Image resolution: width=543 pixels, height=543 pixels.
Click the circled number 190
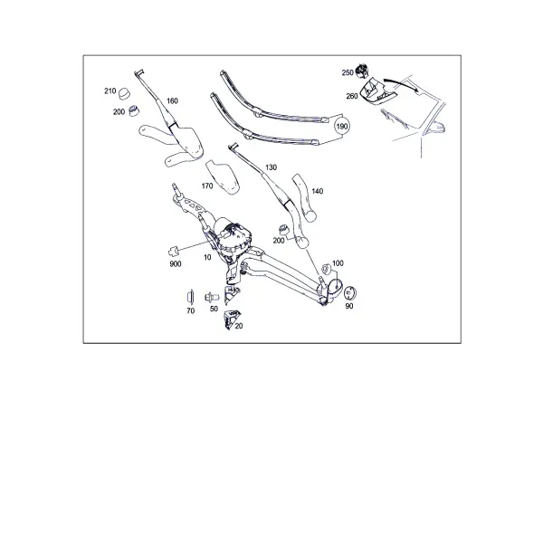[x=342, y=127]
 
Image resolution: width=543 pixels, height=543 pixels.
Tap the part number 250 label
[x=348, y=72]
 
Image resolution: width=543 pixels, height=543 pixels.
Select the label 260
[x=352, y=96]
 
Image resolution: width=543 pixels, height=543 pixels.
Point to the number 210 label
[x=110, y=91]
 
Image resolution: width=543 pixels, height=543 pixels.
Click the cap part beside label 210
[x=124, y=93]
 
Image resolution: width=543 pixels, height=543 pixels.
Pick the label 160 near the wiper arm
[x=172, y=100]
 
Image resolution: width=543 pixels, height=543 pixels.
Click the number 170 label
[x=207, y=186]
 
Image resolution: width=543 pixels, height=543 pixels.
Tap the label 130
[x=271, y=167]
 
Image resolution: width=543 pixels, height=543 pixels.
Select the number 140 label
[x=318, y=191]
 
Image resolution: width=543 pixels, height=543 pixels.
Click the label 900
[x=176, y=264]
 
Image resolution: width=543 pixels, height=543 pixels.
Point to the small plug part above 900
[x=173, y=250]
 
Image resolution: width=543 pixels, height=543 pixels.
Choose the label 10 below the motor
[x=207, y=257]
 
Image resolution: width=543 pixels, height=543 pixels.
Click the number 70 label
[x=190, y=311]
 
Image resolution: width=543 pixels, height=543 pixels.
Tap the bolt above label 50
[x=212, y=297]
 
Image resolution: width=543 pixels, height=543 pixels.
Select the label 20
[x=239, y=326]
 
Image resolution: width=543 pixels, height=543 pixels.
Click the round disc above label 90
[x=350, y=293]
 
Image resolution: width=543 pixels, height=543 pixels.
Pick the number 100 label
[x=338, y=263]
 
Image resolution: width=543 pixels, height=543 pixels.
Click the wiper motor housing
[x=232, y=236]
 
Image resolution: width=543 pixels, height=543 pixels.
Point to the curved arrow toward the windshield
[x=401, y=83]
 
